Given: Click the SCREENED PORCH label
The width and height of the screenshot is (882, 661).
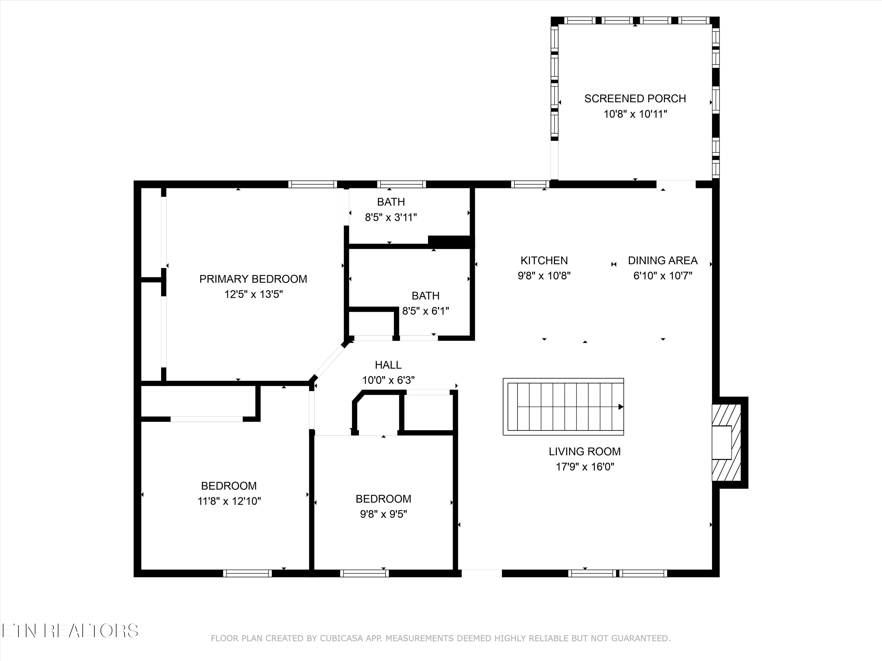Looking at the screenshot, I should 635,98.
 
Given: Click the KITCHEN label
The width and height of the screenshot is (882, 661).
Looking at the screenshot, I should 544,261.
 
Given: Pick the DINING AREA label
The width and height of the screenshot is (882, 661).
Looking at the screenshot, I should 662,261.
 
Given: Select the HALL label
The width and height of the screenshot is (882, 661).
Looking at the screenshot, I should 388,365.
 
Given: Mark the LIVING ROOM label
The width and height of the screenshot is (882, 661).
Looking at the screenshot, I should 584,452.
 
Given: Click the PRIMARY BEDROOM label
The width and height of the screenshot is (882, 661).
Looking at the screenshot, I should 253,279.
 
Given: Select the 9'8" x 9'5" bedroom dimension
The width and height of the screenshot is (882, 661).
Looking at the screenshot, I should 383,514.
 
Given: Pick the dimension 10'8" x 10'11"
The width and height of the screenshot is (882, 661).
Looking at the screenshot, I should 635,114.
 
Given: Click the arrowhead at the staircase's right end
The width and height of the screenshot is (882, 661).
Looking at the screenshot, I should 620,407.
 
